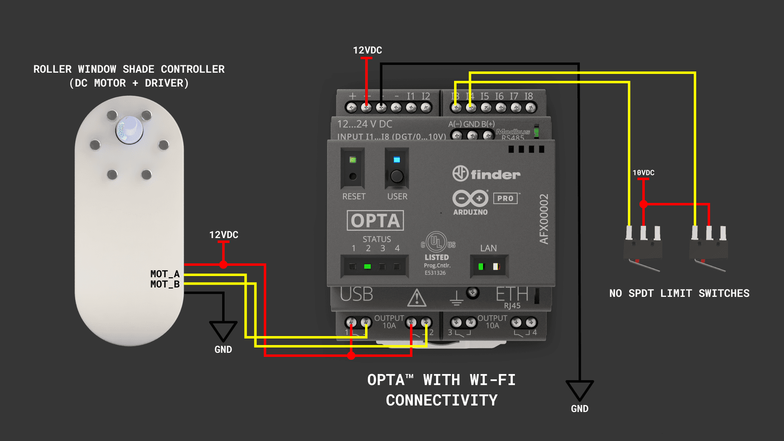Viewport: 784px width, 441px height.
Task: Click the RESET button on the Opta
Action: [353, 176]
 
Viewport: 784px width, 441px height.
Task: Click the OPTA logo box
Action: [375, 220]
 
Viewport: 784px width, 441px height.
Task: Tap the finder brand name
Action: [495, 175]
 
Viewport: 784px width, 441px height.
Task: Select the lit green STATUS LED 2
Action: [367, 267]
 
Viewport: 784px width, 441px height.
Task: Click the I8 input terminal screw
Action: [530, 107]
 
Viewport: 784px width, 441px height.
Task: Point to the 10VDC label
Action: [643, 173]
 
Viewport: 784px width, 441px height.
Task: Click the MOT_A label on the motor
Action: [165, 274]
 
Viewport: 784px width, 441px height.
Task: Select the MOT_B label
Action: [165, 284]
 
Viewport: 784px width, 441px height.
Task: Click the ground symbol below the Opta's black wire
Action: [579, 390]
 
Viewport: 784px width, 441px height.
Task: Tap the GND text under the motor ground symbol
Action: [223, 350]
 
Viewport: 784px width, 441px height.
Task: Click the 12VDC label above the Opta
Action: [367, 50]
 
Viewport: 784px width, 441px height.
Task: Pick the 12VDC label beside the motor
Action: [224, 235]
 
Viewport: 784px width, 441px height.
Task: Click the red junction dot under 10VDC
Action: [644, 204]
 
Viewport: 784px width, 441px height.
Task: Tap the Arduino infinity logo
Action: [470, 198]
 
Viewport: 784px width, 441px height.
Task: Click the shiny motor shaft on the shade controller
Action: [129, 130]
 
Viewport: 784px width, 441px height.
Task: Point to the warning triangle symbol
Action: [416, 298]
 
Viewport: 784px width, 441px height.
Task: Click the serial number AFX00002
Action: [544, 219]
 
